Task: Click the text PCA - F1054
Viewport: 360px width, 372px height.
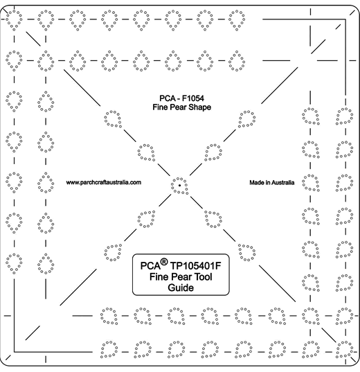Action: click(x=181, y=98)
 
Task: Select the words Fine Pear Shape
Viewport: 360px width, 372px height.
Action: click(x=181, y=107)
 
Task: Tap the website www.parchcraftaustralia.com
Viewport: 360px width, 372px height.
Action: click(x=104, y=182)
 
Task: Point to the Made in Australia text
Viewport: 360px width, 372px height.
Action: click(x=272, y=182)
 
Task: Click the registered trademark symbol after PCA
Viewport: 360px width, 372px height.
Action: click(x=164, y=262)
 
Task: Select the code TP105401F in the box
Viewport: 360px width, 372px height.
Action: click(x=196, y=266)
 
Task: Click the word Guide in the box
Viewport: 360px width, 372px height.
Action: click(x=181, y=287)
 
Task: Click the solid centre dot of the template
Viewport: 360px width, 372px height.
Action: click(x=180, y=185)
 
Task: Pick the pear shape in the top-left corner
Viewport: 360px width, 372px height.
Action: click(x=14, y=20)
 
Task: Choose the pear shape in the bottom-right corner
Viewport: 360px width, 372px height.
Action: click(x=344, y=349)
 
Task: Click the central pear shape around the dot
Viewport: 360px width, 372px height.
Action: click(x=179, y=186)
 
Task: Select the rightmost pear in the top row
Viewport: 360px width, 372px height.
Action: click(x=237, y=20)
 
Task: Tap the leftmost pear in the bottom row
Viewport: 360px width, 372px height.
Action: click(x=109, y=349)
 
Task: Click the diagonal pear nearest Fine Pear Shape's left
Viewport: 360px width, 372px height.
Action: click(x=113, y=119)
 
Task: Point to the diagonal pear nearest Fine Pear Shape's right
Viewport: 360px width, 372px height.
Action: click(x=247, y=119)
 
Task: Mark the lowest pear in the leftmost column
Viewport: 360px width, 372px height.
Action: click(x=14, y=263)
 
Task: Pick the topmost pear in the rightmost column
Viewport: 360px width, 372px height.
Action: click(x=344, y=116)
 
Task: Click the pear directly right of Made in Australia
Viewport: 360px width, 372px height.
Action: click(x=311, y=183)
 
